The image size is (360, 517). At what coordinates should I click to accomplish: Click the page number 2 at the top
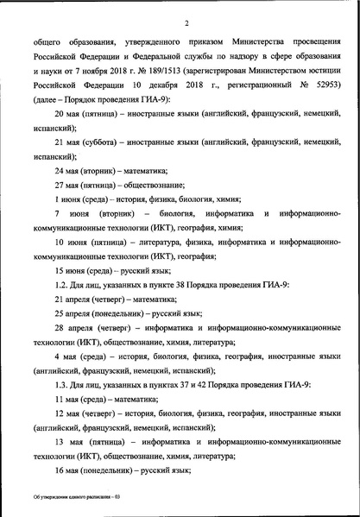[x=186, y=21]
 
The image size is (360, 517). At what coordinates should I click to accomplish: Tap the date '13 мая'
[x=70, y=444]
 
